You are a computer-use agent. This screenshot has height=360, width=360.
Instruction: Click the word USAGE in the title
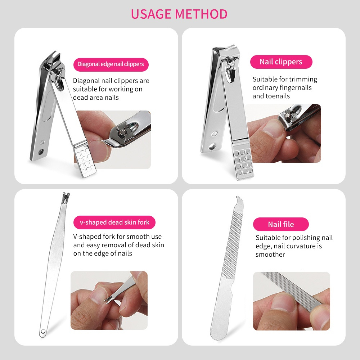point(151,14)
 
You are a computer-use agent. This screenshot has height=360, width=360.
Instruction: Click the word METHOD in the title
point(201,14)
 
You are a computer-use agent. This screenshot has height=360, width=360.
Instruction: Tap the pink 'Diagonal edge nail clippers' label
point(111,64)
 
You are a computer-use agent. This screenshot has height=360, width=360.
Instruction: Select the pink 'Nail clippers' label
point(281,62)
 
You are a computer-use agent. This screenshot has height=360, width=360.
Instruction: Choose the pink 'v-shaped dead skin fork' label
point(114,222)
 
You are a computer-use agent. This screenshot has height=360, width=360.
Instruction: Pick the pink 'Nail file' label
point(281,224)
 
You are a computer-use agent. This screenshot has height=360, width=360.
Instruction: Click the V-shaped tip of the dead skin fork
point(66,197)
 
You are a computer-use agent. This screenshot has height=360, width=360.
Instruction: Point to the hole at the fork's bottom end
point(43,332)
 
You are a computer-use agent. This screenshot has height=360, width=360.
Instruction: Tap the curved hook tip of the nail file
point(239,200)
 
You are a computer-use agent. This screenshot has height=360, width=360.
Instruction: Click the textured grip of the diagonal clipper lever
point(85,159)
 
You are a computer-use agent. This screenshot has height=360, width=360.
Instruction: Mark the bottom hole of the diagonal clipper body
point(41,152)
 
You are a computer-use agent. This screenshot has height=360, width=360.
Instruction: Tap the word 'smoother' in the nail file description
point(270,255)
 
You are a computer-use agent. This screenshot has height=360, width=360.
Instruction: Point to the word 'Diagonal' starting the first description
point(86,81)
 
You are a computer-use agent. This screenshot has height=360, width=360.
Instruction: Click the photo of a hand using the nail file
point(291,301)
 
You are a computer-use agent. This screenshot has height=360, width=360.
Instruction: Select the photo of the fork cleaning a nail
point(109,300)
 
